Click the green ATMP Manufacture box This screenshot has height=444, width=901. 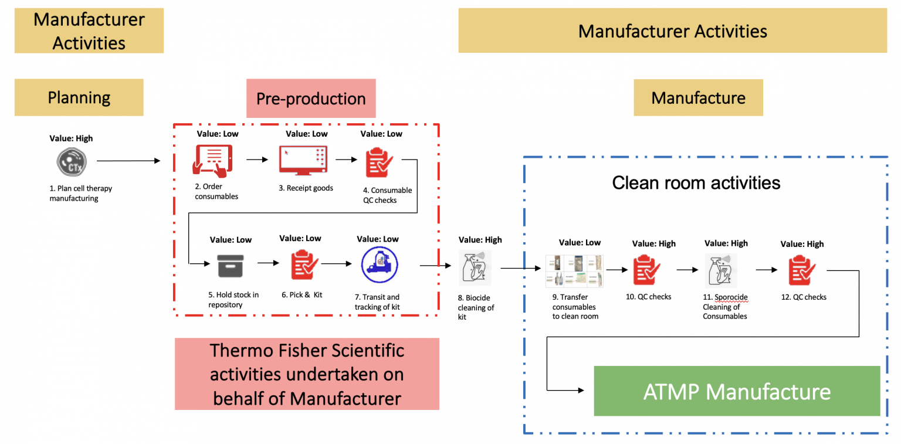coord(737,391)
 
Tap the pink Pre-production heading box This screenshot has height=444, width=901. coord(311,99)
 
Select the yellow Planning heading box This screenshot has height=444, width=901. coord(79,97)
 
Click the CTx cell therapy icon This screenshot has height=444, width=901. coord(72,161)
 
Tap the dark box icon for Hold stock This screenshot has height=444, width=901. coord(230,266)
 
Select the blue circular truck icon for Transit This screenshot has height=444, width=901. coord(380,265)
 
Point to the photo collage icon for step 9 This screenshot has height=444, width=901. coord(574,271)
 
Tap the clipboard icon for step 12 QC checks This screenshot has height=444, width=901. coord(802,270)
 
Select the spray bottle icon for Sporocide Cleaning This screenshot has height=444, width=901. coord(721,270)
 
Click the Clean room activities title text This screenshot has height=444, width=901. coord(696,183)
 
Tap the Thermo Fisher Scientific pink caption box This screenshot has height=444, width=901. coord(307,374)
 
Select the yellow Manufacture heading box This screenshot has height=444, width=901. coord(698,98)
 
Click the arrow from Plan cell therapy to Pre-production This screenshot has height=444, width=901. coord(128,160)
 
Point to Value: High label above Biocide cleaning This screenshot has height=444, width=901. coord(480,239)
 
